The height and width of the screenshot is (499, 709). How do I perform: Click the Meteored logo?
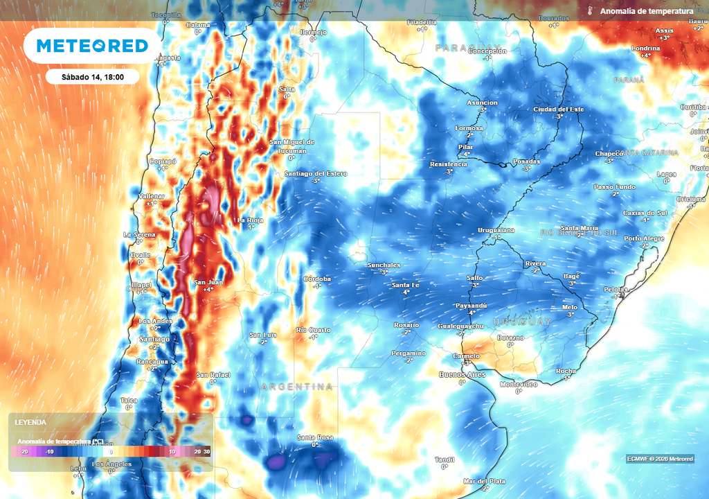92,46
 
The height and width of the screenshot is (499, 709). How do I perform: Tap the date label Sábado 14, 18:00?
92,77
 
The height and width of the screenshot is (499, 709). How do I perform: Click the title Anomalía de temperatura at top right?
647,11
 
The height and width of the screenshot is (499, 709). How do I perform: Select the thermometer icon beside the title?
589,11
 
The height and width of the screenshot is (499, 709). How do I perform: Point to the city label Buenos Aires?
463,374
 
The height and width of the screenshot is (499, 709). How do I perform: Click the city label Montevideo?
519,384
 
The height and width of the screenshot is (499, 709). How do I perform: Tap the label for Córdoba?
317,279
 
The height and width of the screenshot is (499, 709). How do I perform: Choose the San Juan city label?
208,282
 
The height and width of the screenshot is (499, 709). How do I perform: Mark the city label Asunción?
483,103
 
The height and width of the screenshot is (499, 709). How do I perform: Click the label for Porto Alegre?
644,238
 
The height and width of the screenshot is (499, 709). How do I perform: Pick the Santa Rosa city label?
315,437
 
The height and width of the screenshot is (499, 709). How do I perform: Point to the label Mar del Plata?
484,481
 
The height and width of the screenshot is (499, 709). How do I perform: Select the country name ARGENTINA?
297,387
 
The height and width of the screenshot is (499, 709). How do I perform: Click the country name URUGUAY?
523,322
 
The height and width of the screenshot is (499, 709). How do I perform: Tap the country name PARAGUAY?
467,47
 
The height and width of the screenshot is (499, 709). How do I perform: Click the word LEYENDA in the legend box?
31,422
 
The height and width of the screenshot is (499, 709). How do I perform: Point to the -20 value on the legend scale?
24,451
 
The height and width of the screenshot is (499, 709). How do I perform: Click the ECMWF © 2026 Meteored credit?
660,459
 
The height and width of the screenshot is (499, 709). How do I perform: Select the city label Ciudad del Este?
559,110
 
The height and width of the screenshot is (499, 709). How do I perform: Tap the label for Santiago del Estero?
316,173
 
